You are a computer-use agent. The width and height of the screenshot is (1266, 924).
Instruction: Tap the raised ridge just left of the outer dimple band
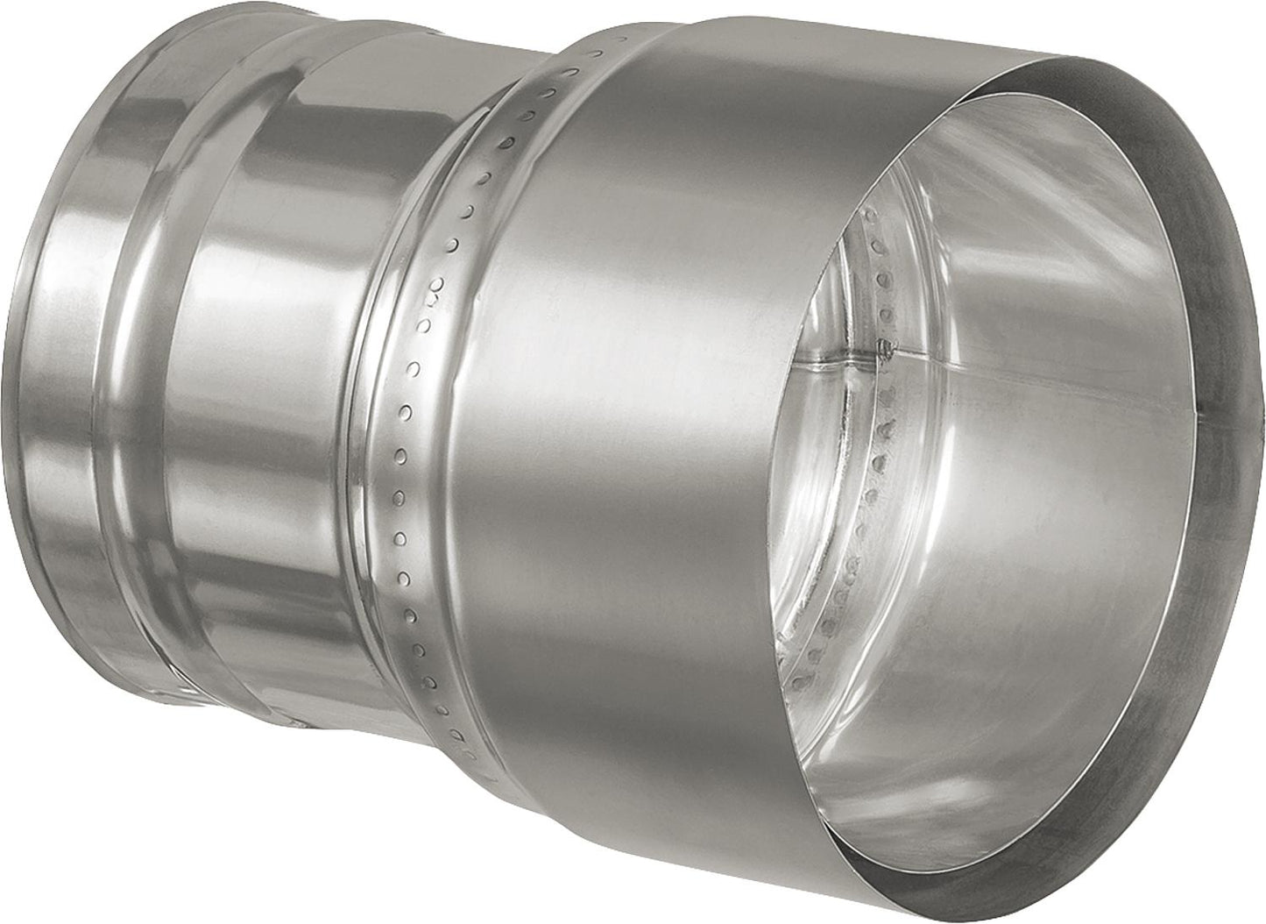[x=368, y=438]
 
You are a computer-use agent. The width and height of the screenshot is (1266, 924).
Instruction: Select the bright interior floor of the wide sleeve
[x=964, y=745]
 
